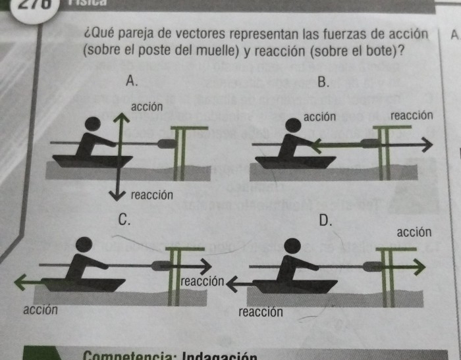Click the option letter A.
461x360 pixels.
[132, 82]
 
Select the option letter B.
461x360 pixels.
[323, 82]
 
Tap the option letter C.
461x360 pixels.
[122, 220]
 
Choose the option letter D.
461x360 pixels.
[325, 220]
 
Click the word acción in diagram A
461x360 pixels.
[148, 107]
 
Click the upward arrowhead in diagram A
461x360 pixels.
[119, 116]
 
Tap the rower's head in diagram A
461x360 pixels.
[94, 124]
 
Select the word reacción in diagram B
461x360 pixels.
[412, 116]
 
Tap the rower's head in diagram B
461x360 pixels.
[294, 124]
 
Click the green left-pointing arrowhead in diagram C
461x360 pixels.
[19, 283]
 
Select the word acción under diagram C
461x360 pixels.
[40, 309]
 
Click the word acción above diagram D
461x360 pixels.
[414, 232]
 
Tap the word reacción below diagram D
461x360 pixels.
[261, 311]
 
